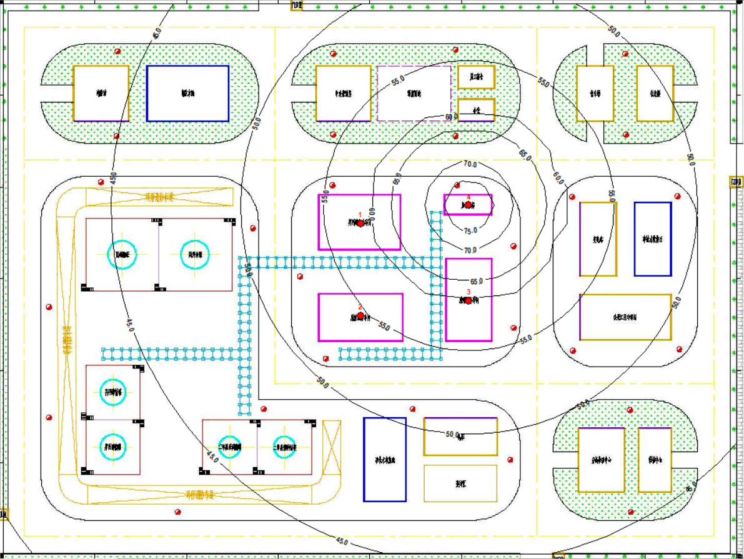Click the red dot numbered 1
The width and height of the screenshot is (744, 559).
coord(360,223)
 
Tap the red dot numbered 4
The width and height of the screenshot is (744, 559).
coord(469,205)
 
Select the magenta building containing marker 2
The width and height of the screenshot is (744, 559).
coord(360,317)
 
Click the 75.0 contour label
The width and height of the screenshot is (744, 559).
coord(470,230)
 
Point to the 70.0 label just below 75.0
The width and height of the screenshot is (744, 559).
coord(470,250)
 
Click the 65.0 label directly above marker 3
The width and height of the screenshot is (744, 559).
coord(477,281)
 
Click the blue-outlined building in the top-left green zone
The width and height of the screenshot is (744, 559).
coord(187,93)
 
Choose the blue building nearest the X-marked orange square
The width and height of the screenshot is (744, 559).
coord(385,459)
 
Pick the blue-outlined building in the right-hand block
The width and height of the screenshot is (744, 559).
coord(653,239)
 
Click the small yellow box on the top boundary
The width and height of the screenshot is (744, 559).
coord(297,6)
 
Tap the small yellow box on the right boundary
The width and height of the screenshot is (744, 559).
coord(737,182)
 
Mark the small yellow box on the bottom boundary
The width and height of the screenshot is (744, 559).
coord(558,555)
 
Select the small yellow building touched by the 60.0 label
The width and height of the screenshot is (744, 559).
coord(476,110)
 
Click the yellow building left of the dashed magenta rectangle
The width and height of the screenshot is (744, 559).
coord(343,93)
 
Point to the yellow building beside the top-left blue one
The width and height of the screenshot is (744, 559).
coord(101,94)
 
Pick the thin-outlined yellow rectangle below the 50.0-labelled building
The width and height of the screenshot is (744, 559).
coord(460,483)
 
